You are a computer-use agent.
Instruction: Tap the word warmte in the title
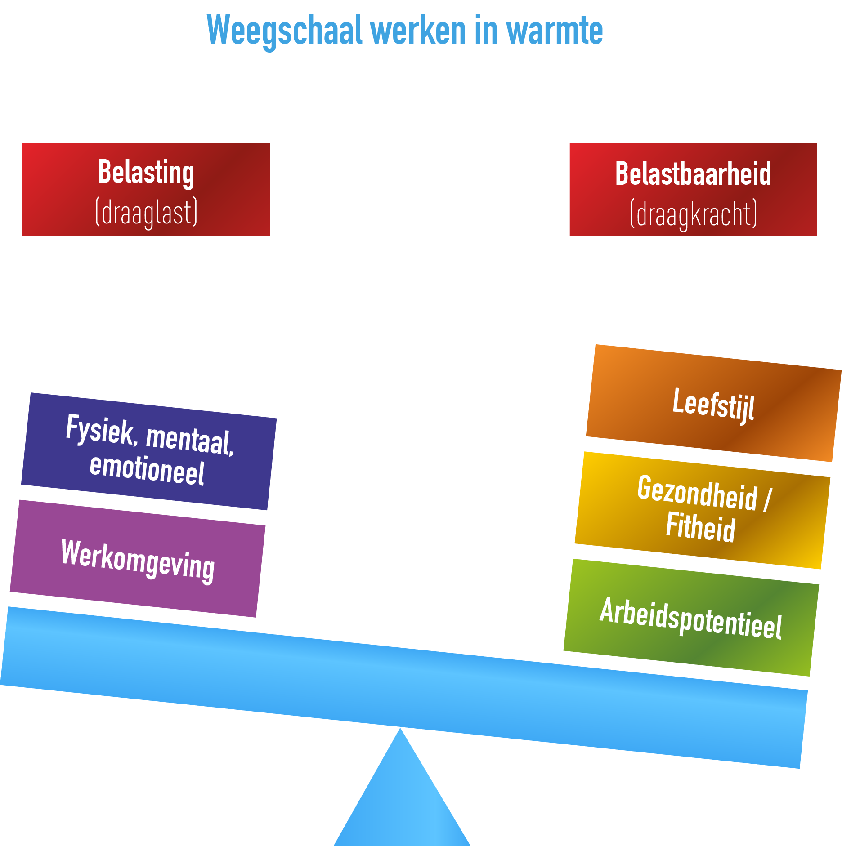tap(554, 31)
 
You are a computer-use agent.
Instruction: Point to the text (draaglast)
tap(146, 212)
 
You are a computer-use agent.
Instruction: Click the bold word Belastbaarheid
tap(693, 174)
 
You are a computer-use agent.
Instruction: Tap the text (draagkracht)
tap(693, 214)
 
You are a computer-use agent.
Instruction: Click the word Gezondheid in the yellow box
tap(697, 493)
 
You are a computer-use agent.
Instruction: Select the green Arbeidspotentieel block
tap(691, 618)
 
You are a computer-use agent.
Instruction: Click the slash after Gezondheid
tap(767, 500)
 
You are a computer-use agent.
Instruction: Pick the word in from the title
tap(486, 31)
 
